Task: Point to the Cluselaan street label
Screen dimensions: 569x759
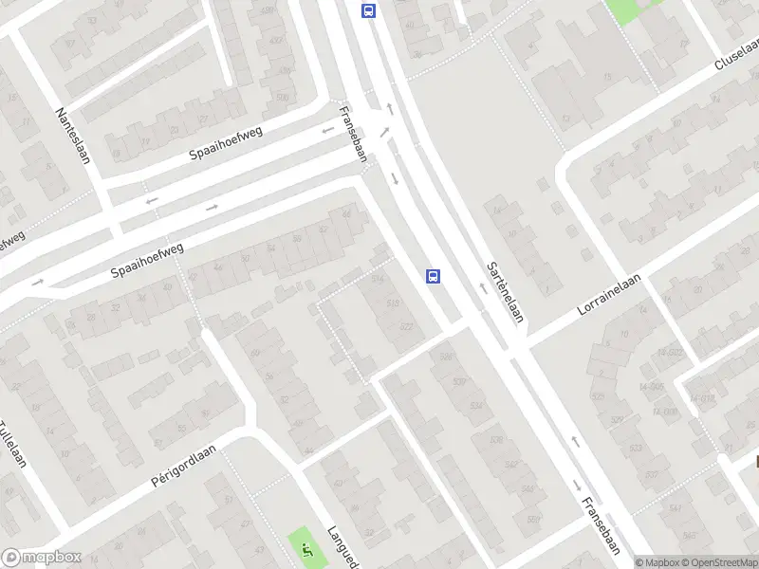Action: click(x=736, y=55)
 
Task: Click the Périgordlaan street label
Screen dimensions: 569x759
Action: click(x=184, y=467)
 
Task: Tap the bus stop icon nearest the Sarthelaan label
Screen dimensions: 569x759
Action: click(x=433, y=276)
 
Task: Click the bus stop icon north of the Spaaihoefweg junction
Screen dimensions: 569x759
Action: click(x=368, y=10)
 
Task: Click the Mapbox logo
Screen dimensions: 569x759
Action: click(x=41, y=558)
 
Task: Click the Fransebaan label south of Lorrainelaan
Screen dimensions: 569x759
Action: click(x=600, y=523)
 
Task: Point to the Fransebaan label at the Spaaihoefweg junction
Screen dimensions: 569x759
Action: click(x=353, y=134)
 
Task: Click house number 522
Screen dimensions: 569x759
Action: click(x=406, y=326)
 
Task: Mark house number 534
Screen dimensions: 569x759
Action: click(x=475, y=406)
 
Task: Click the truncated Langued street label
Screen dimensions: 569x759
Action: click(x=341, y=547)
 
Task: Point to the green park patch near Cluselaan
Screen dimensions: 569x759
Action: click(x=630, y=9)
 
